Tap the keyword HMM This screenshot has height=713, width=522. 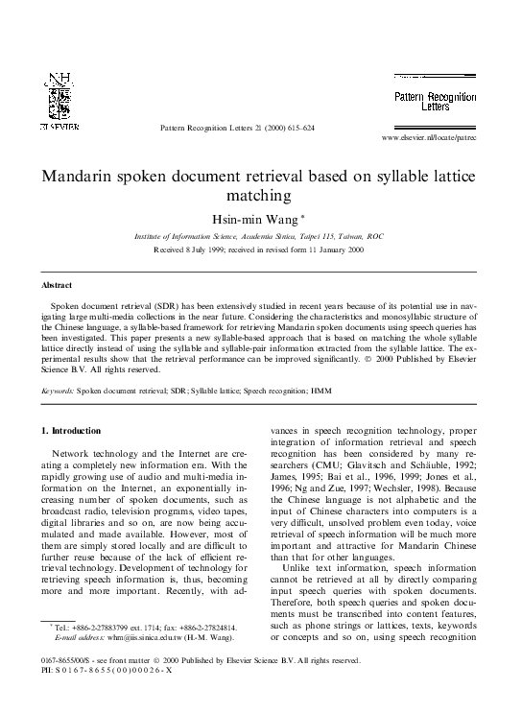pyautogui.click(x=348, y=392)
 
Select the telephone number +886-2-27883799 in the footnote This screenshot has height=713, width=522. pyautogui.click(x=110, y=627)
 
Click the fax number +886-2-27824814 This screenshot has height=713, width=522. pyautogui.click(x=215, y=627)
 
